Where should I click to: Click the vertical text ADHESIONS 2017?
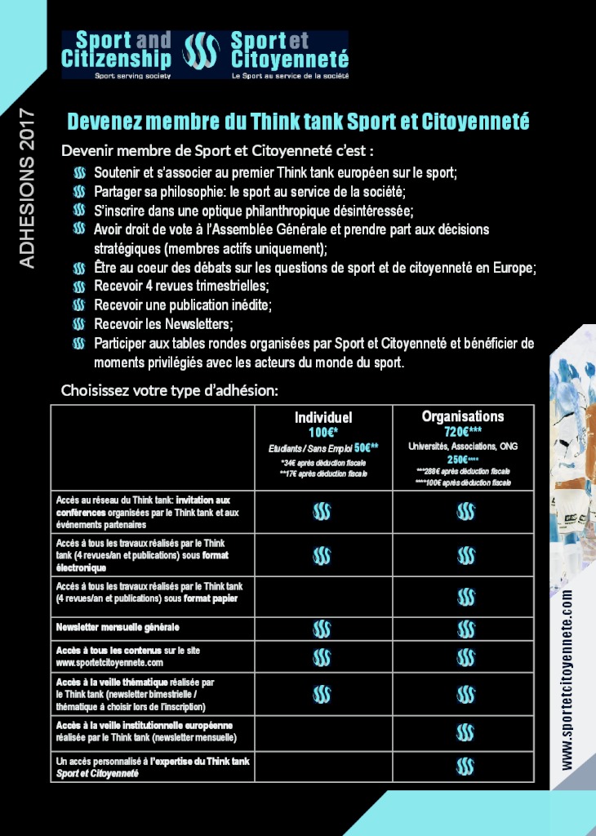coord(27,187)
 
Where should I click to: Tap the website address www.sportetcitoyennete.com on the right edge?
coord(567,678)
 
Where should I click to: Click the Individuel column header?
coord(323,418)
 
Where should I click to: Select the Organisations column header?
coord(463,416)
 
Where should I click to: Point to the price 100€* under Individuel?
coord(323,433)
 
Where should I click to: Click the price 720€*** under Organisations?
coord(463,432)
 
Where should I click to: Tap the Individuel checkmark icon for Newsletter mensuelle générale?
coord(322,629)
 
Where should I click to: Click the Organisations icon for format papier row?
coord(465,597)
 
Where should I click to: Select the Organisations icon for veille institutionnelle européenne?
coord(465,731)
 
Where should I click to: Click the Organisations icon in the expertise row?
coord(465,767)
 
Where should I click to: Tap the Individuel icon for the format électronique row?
coord(322,556)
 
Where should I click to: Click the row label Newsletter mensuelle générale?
coord(118,628)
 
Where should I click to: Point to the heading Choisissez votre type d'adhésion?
coord(170,390)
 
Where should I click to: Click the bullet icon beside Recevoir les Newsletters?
coord(79,324)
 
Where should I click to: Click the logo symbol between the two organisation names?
coord(201,51)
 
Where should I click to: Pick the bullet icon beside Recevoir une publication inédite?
coord(79,305)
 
